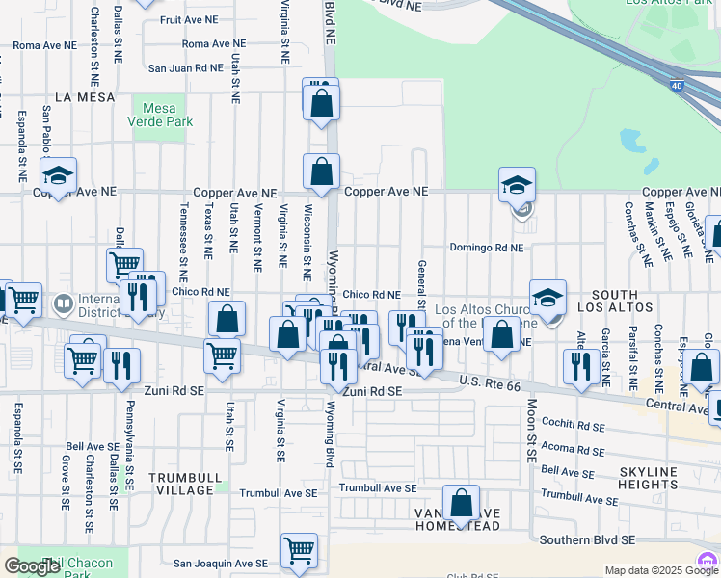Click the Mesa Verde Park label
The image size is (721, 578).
tap(168, 115)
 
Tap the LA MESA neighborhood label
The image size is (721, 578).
tap(85, 97)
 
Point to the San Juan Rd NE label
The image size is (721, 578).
tap(185, 68)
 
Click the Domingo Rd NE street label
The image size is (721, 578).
tap(486, 248)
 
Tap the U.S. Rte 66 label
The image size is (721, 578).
tap(491, 385)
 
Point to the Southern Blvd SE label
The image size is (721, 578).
tap(588, 540)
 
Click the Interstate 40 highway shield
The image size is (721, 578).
tap(678, 87)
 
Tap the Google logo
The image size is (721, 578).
tap(32, 566)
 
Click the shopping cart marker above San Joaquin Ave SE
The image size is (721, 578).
tap(299, 551)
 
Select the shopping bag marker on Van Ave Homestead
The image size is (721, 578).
tap(462, 504)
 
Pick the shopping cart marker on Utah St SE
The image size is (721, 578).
tap(223, 355)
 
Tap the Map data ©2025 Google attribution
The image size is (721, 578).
tap(659, 570)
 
